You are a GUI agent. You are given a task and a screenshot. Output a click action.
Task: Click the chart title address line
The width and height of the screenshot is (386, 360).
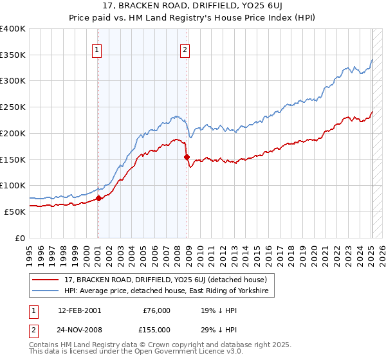click(x=193, y=6)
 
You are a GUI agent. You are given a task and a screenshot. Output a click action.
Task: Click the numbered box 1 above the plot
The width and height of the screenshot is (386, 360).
click(x=96, y=50)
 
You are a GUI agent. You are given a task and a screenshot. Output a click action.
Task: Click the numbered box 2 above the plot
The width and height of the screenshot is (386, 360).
click(x=185, y=50)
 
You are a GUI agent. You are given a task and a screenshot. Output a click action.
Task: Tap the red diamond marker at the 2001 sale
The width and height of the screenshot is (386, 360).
click(x=99, y=199)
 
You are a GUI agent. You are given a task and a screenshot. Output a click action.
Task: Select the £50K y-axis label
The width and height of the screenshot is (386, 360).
click(x=14, y=211)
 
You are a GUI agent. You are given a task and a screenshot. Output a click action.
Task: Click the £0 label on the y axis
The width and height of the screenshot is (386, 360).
click(x=19, y=237)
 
